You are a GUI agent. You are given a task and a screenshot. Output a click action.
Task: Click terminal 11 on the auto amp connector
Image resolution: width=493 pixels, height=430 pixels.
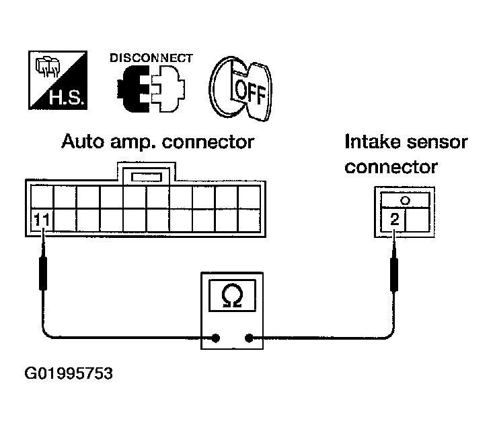point(42,220)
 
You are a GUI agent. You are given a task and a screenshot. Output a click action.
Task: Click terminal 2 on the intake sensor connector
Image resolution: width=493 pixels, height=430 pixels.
point(394,219)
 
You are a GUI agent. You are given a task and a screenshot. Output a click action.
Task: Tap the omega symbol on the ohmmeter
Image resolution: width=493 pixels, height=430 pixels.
point(232,295)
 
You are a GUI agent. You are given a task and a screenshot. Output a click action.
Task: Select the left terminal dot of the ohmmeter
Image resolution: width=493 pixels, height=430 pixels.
point(215,338)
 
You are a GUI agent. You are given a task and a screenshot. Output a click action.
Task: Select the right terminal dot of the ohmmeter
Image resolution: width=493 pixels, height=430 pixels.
point(249,338)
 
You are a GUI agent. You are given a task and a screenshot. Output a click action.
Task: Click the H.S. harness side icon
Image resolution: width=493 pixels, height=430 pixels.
point(58,80)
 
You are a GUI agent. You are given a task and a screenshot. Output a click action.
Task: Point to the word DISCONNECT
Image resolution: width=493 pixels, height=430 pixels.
point(151,58)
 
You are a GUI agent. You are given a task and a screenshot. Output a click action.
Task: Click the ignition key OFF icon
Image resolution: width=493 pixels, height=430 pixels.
point(241,88)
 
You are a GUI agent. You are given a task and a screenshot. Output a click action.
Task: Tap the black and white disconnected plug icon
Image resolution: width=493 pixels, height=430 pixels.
point(151,89)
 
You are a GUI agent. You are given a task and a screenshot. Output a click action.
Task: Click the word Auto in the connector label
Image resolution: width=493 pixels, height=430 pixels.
point(83,142)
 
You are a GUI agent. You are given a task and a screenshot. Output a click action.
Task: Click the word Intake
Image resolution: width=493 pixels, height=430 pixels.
point(372,142)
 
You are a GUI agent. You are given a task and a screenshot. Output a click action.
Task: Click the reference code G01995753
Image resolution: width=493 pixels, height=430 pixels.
point(69,373)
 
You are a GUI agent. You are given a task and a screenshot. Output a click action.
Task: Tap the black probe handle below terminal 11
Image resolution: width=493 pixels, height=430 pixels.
point(43,274)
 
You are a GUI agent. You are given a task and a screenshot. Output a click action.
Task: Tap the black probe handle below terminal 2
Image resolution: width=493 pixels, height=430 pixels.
point(394,274)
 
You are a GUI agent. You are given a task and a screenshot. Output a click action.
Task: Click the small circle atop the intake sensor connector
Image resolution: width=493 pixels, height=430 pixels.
point(406,200)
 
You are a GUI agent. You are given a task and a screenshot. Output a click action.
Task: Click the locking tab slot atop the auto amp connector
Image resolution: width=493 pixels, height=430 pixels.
point(147,177)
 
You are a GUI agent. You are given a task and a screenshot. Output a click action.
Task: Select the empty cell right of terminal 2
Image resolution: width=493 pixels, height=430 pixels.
point(417,220)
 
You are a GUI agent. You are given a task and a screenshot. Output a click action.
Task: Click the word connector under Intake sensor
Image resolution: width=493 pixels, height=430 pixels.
point(391,167)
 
